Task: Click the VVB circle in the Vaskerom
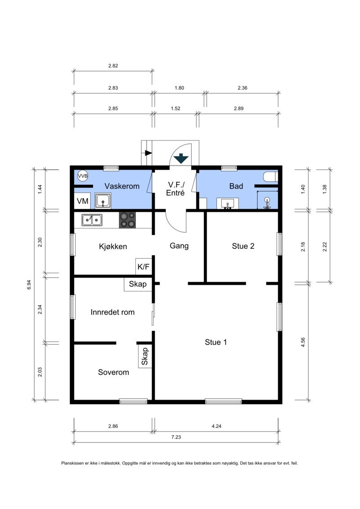tap(83, 176)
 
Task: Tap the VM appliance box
tap(82, 201)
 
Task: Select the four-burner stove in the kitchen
tap(127, 220)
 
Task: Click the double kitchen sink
tap(92, 220)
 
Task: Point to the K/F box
tap(144, 266)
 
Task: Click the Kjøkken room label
tap(113, 246)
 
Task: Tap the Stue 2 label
tap(243, 246)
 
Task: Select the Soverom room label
tap(113, 372)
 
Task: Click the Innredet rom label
tap(112, 312)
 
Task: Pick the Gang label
tap(179, 246)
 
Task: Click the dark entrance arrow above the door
tap(181, 159)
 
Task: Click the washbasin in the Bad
tap(228, 204)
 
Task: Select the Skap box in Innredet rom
tap(138, 284)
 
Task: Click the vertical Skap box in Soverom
tap(145, 356)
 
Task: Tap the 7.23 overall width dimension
tap(176, 437)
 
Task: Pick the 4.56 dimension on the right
tap(303, 342)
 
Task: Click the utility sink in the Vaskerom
tap(103, 201)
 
